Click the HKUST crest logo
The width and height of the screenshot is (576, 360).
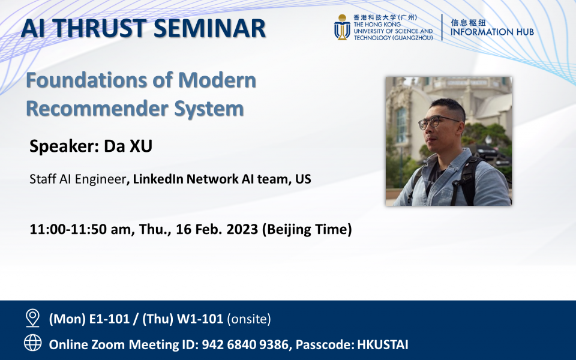coord(342,28)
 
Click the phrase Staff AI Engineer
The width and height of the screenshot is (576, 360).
coord(77,179)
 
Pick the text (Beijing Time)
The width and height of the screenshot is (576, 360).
coord(307,229)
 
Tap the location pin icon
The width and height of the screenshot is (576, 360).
coord(32,317)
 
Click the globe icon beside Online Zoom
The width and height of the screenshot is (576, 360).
coord(32,343)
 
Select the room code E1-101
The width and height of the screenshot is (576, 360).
coord(109,319)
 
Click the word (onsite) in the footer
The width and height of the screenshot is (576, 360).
coord(248,319)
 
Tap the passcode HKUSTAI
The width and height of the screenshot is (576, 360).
coord(383,344)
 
